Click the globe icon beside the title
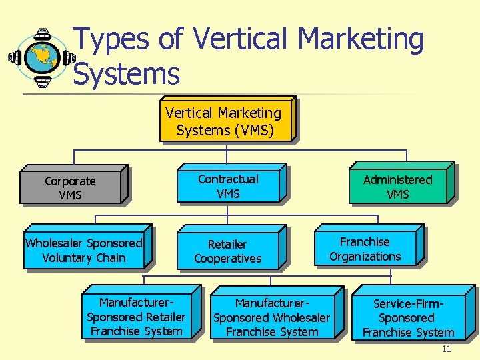point(42,57)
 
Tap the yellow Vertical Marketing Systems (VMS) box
point(225,121)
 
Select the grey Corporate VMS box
point(70,188)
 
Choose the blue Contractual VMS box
point(228,186)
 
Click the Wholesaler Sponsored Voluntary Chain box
point(83,250)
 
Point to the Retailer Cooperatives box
point(227,251)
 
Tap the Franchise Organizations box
point(365,249)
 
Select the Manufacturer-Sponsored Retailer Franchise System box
point(136,317)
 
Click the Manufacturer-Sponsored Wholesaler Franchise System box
point(271,317)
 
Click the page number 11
point(446,349)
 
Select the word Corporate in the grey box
point(70,181)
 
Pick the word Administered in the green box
point(397,180)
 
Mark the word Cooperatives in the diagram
point(227,259)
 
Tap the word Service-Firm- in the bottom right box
point(408,305)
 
